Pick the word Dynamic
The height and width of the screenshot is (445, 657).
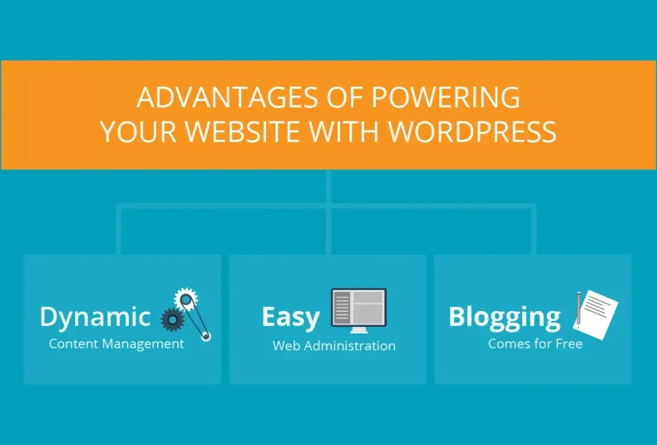[95, 317]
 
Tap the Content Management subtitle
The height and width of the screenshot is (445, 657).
[116, 344]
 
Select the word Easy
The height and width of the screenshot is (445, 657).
[290, 317]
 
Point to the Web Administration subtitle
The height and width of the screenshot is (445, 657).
[334, 346]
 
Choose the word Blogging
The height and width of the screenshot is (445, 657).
[505, 317]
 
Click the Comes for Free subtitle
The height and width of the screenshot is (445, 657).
[536, 344]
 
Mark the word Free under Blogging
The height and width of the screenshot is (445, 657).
[570, 344]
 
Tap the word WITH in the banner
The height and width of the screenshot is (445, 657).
[352, 132]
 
